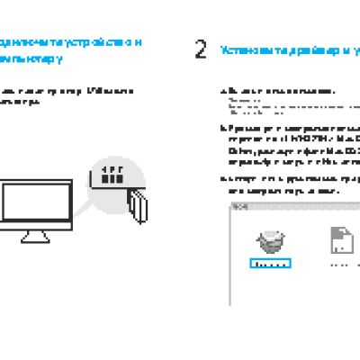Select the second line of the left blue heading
pos(31,59)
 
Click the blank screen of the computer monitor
pos(33,202)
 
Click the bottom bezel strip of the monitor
pos(33,225)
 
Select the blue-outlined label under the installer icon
pos(269,265)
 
